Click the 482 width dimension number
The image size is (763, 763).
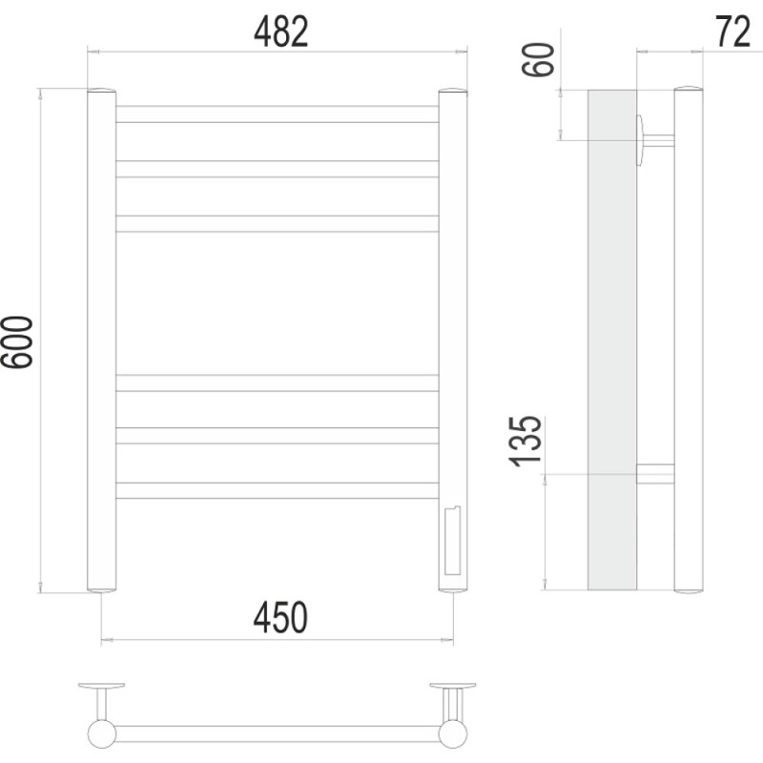281,31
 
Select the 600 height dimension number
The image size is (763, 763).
17,342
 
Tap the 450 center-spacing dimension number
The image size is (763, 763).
280,617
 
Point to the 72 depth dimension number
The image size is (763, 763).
732,31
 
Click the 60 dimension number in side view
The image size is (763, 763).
538,59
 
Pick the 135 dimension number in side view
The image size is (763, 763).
526,442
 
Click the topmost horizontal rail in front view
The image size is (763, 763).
277,113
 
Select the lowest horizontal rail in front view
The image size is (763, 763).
277,490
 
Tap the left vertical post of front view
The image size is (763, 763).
102,340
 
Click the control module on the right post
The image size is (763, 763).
452,541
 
